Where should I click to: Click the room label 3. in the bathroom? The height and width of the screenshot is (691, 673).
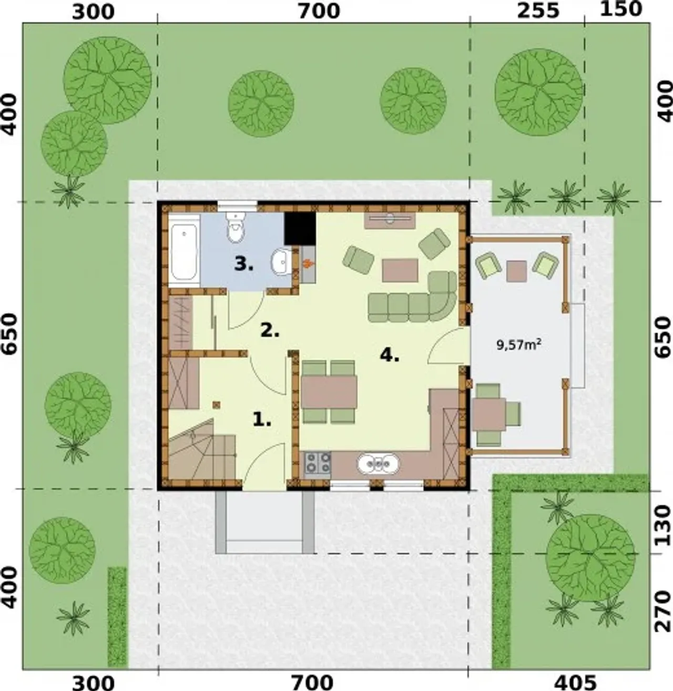244,264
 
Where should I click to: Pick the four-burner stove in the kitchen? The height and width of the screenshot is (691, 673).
318,463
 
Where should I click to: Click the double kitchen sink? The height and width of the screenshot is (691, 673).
379,464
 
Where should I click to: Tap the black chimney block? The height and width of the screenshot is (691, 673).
300,229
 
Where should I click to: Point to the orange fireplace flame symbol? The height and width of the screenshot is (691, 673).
308,263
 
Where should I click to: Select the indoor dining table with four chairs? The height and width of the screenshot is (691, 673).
329,392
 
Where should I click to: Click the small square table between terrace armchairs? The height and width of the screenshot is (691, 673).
516,271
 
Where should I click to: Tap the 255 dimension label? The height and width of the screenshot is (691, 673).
538,11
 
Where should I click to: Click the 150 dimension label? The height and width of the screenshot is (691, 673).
621,9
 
